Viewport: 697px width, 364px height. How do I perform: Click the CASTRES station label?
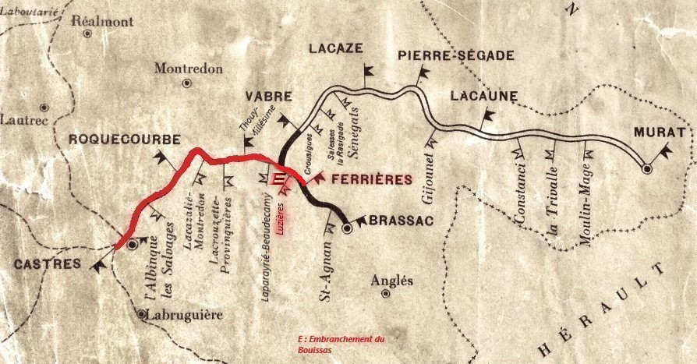coord(47,264)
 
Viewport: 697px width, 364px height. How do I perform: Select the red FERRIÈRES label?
coord(371,179)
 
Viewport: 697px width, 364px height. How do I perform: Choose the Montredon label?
coord(188,68)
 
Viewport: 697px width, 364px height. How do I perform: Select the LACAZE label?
coord(336,48)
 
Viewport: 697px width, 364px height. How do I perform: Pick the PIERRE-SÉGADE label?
coord(455,55)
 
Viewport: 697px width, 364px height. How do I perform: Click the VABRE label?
coord(269,97)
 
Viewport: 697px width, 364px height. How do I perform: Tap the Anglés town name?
coord(393,281)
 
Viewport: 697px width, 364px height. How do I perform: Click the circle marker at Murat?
coord(646,168)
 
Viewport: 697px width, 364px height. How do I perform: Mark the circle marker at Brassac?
coord(348,229)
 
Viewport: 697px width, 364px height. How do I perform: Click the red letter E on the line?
coord(278,178)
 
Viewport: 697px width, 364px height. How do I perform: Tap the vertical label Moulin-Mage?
coord(586,210)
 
